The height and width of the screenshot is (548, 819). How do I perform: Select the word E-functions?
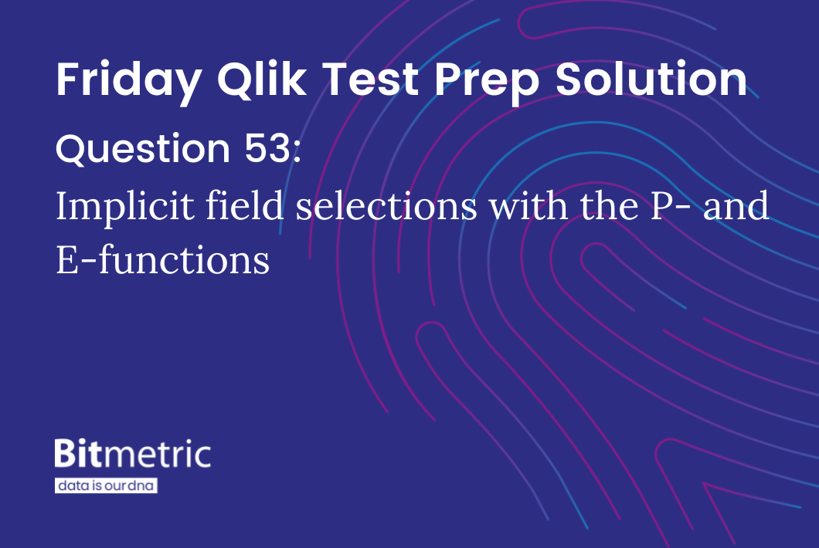pos(162,260)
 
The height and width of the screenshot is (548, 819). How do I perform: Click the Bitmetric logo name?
pos(132,454)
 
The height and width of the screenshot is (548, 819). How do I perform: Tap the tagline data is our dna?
pos(106,486)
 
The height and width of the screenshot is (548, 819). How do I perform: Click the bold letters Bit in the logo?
pos(77,454)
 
